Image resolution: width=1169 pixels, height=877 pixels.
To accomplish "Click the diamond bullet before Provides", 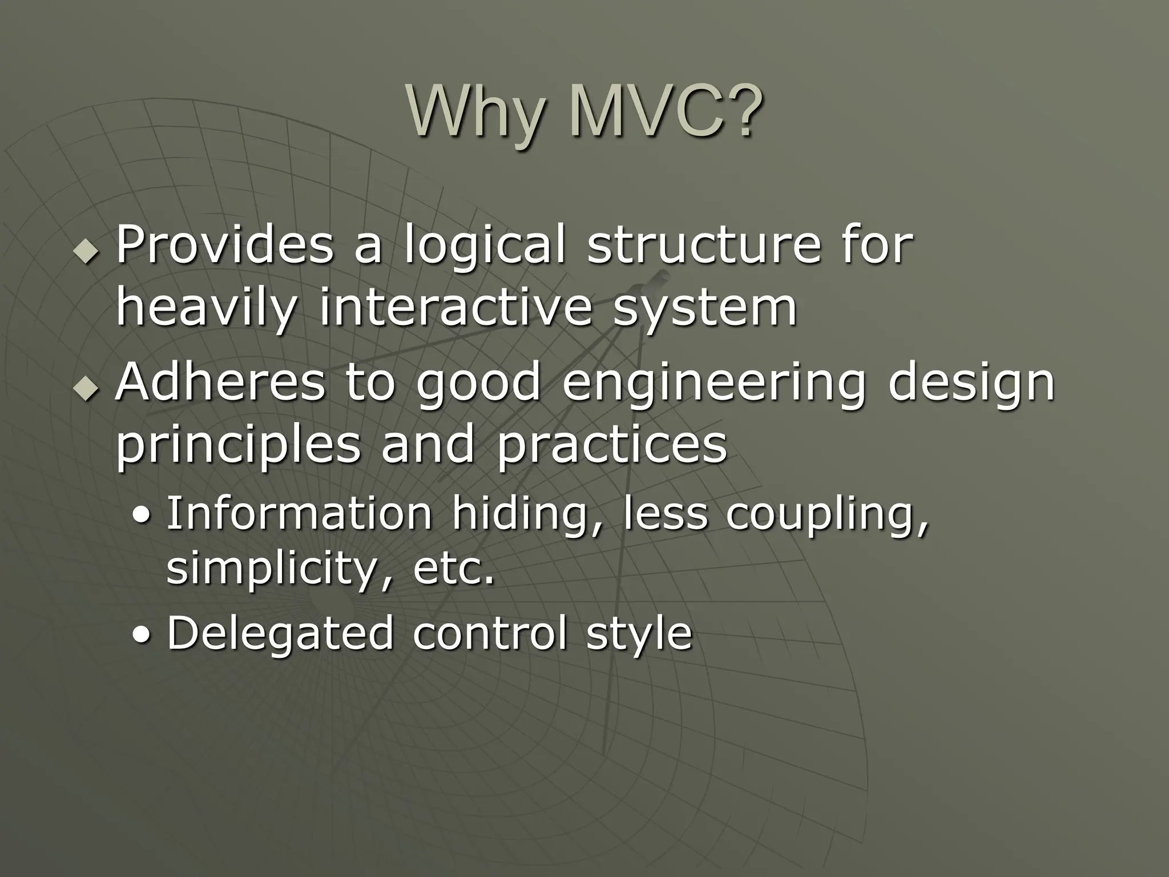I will tap(86, 251).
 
